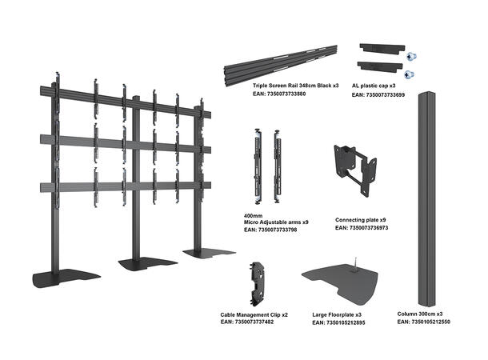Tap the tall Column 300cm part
[x=427, y=200]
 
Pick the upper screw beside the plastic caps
[x=410, y=58]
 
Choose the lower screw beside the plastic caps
[x=410, y=74]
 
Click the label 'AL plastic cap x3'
[x=378, y=86]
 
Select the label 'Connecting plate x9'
[x=361, y=219]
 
